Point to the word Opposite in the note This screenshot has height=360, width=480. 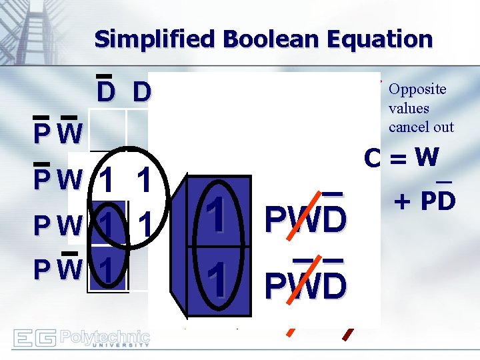tap(417, 89)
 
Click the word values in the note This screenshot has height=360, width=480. tap(409, 108)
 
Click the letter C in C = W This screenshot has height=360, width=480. tap(373, 159)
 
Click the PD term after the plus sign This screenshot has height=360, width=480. tap(437, 199)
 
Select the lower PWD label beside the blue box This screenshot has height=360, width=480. tap(305, 286)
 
